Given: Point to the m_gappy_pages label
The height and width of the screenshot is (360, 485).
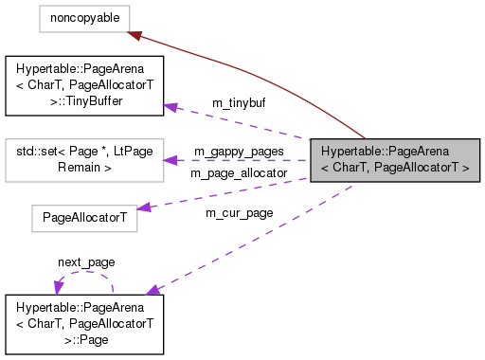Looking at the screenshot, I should [238, 151].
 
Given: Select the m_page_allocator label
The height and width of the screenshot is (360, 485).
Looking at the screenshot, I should [238, 173].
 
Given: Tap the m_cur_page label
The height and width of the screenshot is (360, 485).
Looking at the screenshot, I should [239, 212].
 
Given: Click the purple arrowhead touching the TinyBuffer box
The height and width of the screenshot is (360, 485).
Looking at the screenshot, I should [171, 106].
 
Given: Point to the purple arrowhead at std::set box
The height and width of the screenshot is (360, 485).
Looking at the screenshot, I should [171, 160].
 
